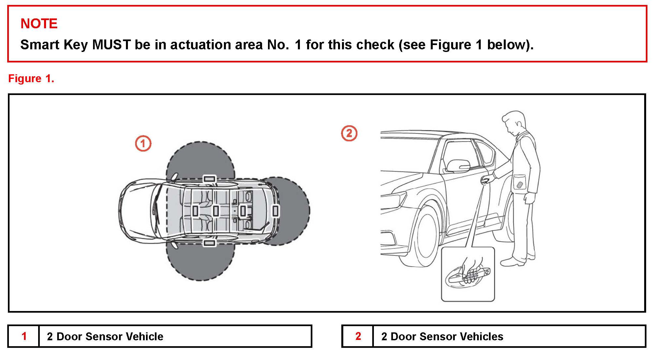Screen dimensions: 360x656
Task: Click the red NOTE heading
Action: tap(39, 24)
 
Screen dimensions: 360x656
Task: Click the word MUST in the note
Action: tap(111, 45)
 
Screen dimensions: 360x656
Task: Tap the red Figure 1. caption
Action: tap(31, 79)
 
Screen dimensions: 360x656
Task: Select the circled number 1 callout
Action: tap(143, 144)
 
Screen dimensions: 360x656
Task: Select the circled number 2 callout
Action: tap(349, 133)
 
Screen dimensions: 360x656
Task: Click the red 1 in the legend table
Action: tap(24, 336)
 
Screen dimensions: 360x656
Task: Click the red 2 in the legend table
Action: tap(358, 336)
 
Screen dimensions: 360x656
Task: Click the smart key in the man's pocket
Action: tap(520, 185)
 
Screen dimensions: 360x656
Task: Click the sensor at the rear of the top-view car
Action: tap(276, 211)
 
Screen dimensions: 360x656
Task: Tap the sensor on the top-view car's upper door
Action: tap(209, 179)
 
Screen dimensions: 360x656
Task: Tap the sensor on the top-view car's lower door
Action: tap(209, 243)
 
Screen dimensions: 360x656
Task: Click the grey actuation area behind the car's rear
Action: tap(294, 210)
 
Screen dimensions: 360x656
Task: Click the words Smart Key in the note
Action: tap(54, 45)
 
